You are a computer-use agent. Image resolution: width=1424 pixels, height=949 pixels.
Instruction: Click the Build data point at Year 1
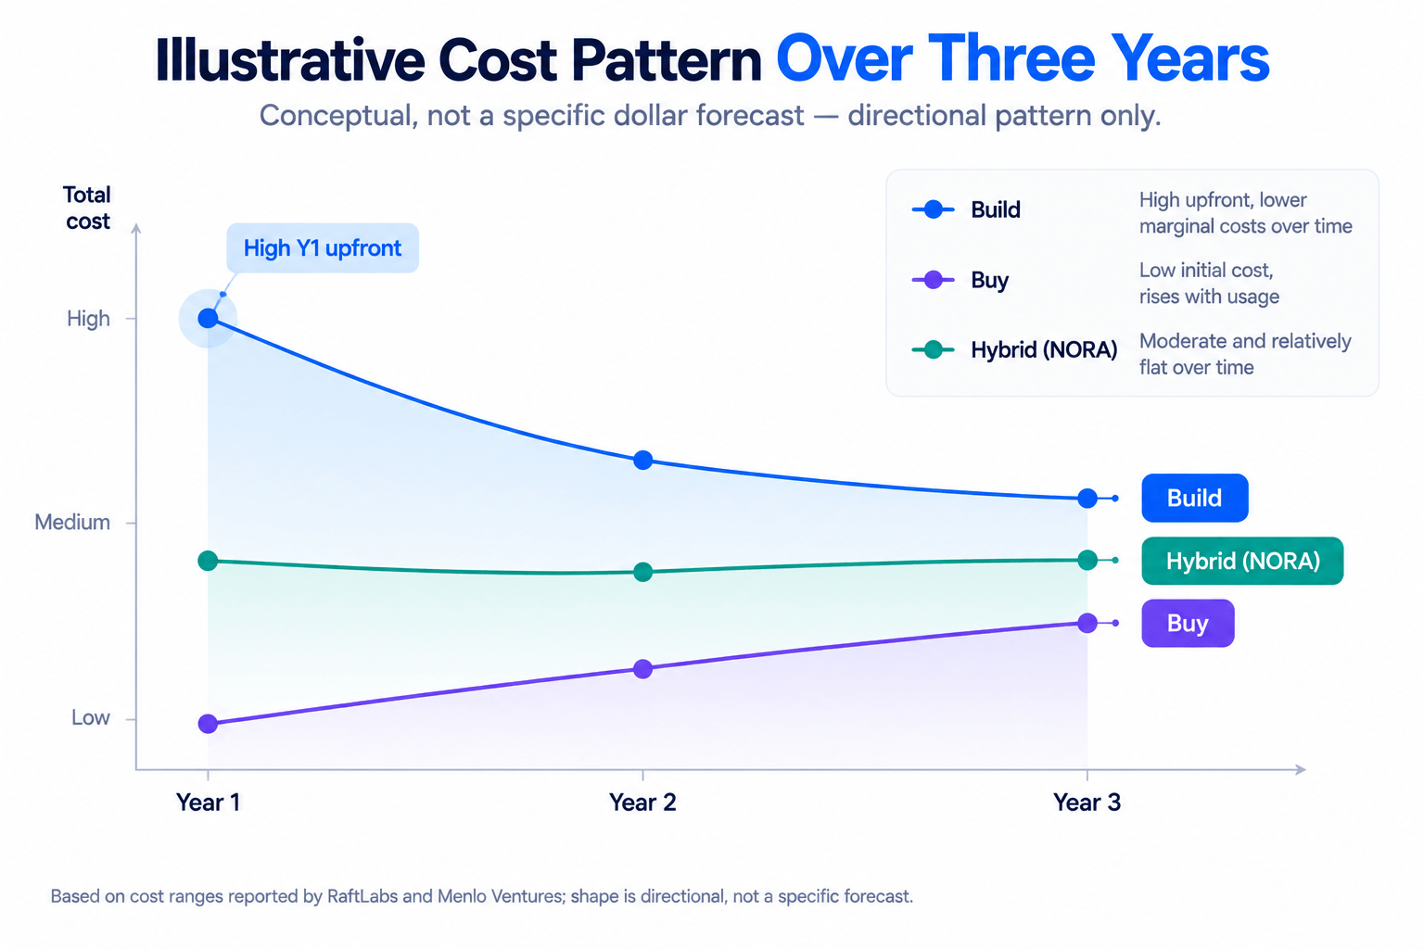click(208, 318)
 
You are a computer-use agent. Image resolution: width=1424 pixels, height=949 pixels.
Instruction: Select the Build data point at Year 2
click(642, 460)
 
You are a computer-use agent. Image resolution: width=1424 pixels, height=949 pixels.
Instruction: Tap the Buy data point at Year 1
click(208, 724)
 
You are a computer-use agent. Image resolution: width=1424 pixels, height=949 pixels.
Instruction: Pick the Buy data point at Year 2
click(642, 669)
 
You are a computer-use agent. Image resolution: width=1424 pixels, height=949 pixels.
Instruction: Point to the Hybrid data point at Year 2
click(642, 572)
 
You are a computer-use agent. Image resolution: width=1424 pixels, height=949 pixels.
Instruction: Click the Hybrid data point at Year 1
click(208, 561)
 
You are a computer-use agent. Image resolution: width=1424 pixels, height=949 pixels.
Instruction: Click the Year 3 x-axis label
click(1087, 803)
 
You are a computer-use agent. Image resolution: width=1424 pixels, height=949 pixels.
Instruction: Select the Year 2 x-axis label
click(642, 803)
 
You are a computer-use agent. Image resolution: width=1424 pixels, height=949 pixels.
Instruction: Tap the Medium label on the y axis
click(71, 522)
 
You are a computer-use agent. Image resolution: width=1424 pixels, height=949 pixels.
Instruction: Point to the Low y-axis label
click(90, 717)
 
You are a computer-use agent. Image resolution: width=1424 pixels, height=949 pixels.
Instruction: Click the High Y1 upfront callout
click(323, 247)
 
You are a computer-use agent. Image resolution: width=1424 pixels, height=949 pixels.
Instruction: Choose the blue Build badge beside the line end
click(1194, 498)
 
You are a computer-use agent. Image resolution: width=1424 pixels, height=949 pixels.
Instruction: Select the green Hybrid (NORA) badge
click(1242, 561)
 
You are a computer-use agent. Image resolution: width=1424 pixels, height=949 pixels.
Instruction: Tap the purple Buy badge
click(1188, 623)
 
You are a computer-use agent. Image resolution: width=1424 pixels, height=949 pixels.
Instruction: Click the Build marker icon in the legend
click(933, 209)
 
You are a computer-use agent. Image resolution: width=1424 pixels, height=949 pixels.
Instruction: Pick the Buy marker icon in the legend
click(933, 280)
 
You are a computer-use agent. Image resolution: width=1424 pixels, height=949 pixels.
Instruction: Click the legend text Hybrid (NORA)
click(1044, 349)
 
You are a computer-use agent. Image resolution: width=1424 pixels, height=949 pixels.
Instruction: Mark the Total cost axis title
click(87, 208)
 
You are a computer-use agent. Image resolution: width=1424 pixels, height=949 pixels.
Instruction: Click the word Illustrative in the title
click(290, 59)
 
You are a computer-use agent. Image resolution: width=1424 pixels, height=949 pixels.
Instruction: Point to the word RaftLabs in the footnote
click(362, 896)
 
